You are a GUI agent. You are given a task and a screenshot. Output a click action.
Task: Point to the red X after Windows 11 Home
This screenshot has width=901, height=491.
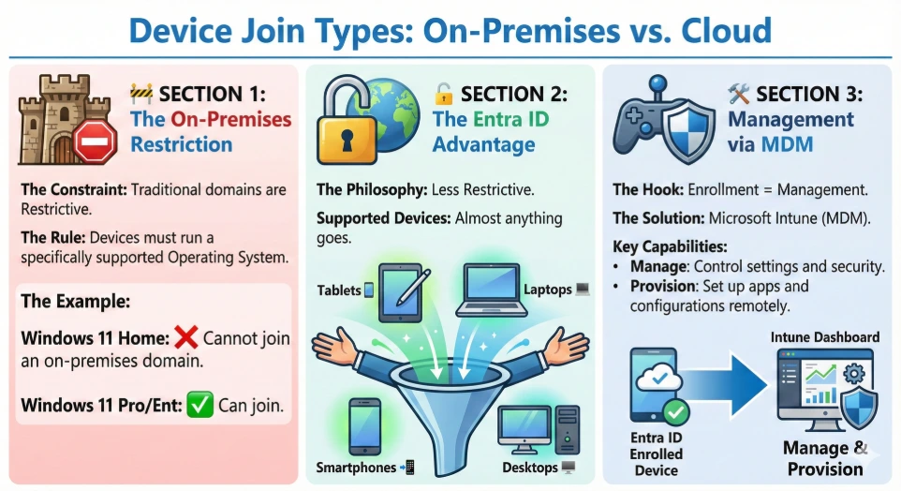[x=187, y=338]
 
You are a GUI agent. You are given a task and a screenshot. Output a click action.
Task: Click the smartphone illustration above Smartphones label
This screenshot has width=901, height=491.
[x=363, y=425]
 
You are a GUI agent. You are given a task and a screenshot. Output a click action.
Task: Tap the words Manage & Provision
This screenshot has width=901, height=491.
[x=824, y=458]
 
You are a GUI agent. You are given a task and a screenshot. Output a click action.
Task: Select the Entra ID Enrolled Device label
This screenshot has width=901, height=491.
[x=657, y=454]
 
